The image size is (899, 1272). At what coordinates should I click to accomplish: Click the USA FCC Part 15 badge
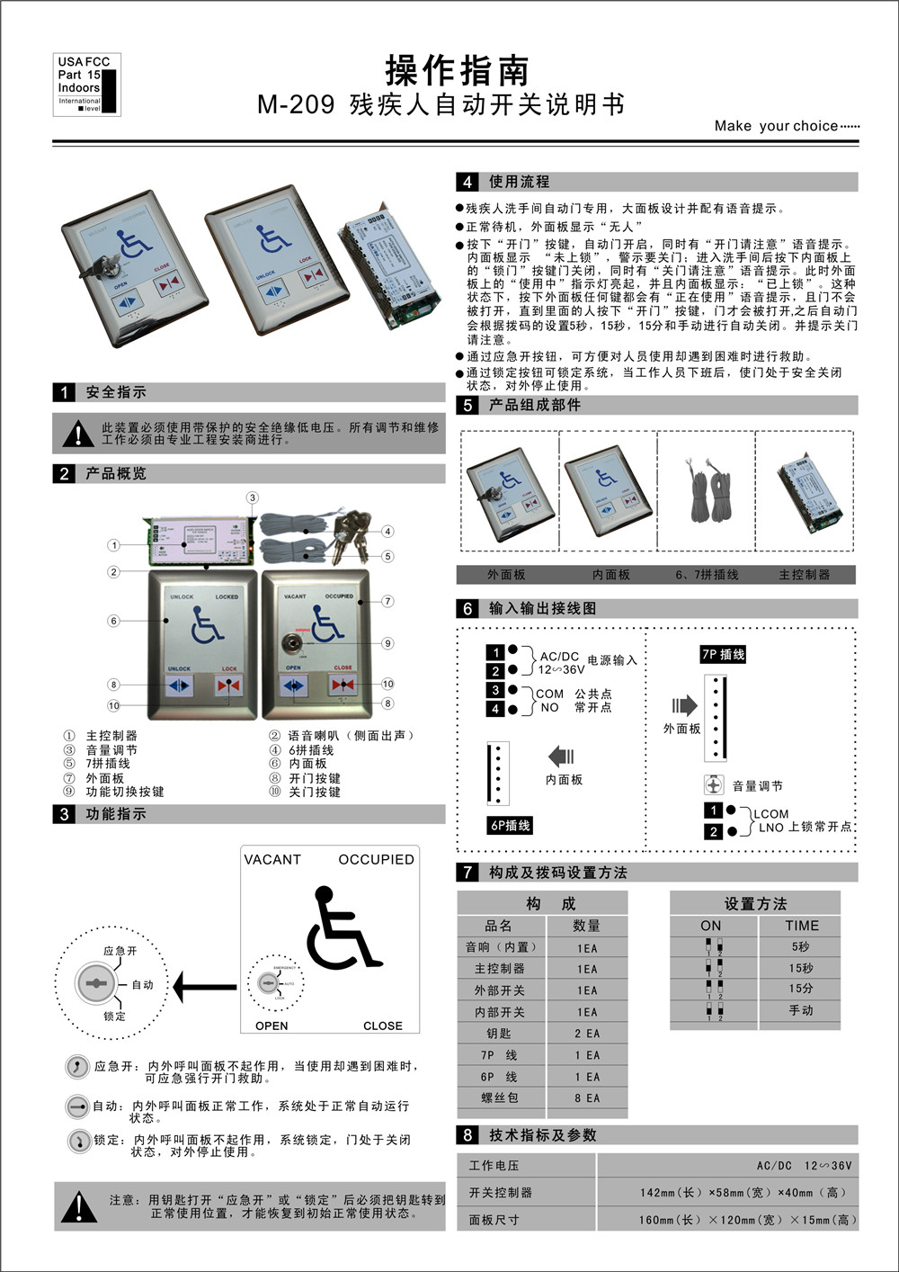86,85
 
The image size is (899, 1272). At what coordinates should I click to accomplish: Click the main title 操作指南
457,70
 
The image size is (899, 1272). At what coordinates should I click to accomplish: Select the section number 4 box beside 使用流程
467,182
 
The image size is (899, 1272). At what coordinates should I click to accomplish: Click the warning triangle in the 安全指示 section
79,434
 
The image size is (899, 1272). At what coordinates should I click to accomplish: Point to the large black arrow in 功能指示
204,987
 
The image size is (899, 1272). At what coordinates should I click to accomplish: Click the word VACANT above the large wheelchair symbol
272,859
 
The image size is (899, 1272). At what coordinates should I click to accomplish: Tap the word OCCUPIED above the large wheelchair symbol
376,859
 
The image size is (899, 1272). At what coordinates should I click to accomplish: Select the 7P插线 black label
723,654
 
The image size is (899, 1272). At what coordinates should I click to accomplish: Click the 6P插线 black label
510,825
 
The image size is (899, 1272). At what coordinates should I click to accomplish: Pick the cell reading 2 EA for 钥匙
587,1034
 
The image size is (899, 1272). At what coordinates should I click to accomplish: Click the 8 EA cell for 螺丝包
587,1098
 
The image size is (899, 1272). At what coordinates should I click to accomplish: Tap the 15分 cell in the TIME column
800,989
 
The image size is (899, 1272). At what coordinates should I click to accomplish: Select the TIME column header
801,926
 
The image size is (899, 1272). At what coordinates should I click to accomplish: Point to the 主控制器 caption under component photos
804,574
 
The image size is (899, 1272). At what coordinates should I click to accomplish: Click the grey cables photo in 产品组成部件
706,490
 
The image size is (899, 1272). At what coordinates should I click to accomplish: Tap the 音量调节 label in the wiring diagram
757,785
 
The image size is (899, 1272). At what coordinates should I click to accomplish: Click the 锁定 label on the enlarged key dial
114,1017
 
